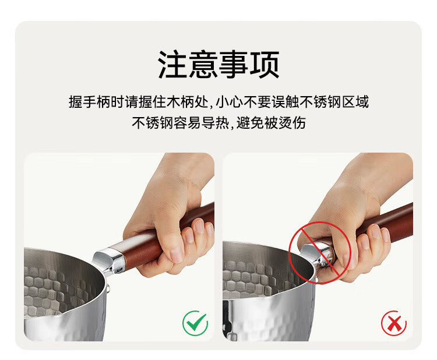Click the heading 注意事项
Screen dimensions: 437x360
pyautogui.click(x=218, y=64)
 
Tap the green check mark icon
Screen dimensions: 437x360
pyautogui.click(x=195, y=323)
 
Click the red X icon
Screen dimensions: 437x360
pyautogui.click(x=393, y=323)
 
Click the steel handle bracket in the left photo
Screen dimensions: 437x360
pyautogui.click(x=109, y=260)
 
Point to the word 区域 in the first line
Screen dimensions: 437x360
pyautogui.click(x=355, y=102)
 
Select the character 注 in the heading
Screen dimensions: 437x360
pyautogui.click(x=173, y=64)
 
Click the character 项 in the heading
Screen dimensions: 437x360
pyautogui.click(x=265, y=64)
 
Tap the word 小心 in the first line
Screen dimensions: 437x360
pyautogui.click(x=230, y=102)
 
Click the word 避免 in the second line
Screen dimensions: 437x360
pyautogui.click(x=251, y=122)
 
